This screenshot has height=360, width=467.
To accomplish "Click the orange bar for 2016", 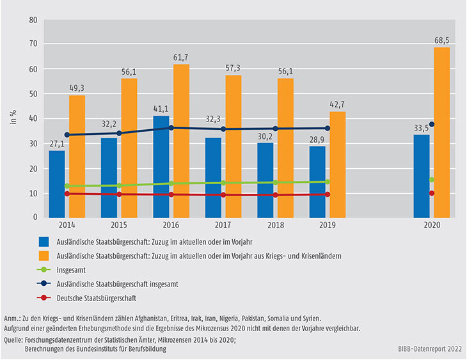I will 182,141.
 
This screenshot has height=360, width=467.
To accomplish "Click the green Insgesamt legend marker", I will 44,269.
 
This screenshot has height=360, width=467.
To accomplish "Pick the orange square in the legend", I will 44,255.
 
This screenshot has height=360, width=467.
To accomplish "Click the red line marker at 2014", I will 67,193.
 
